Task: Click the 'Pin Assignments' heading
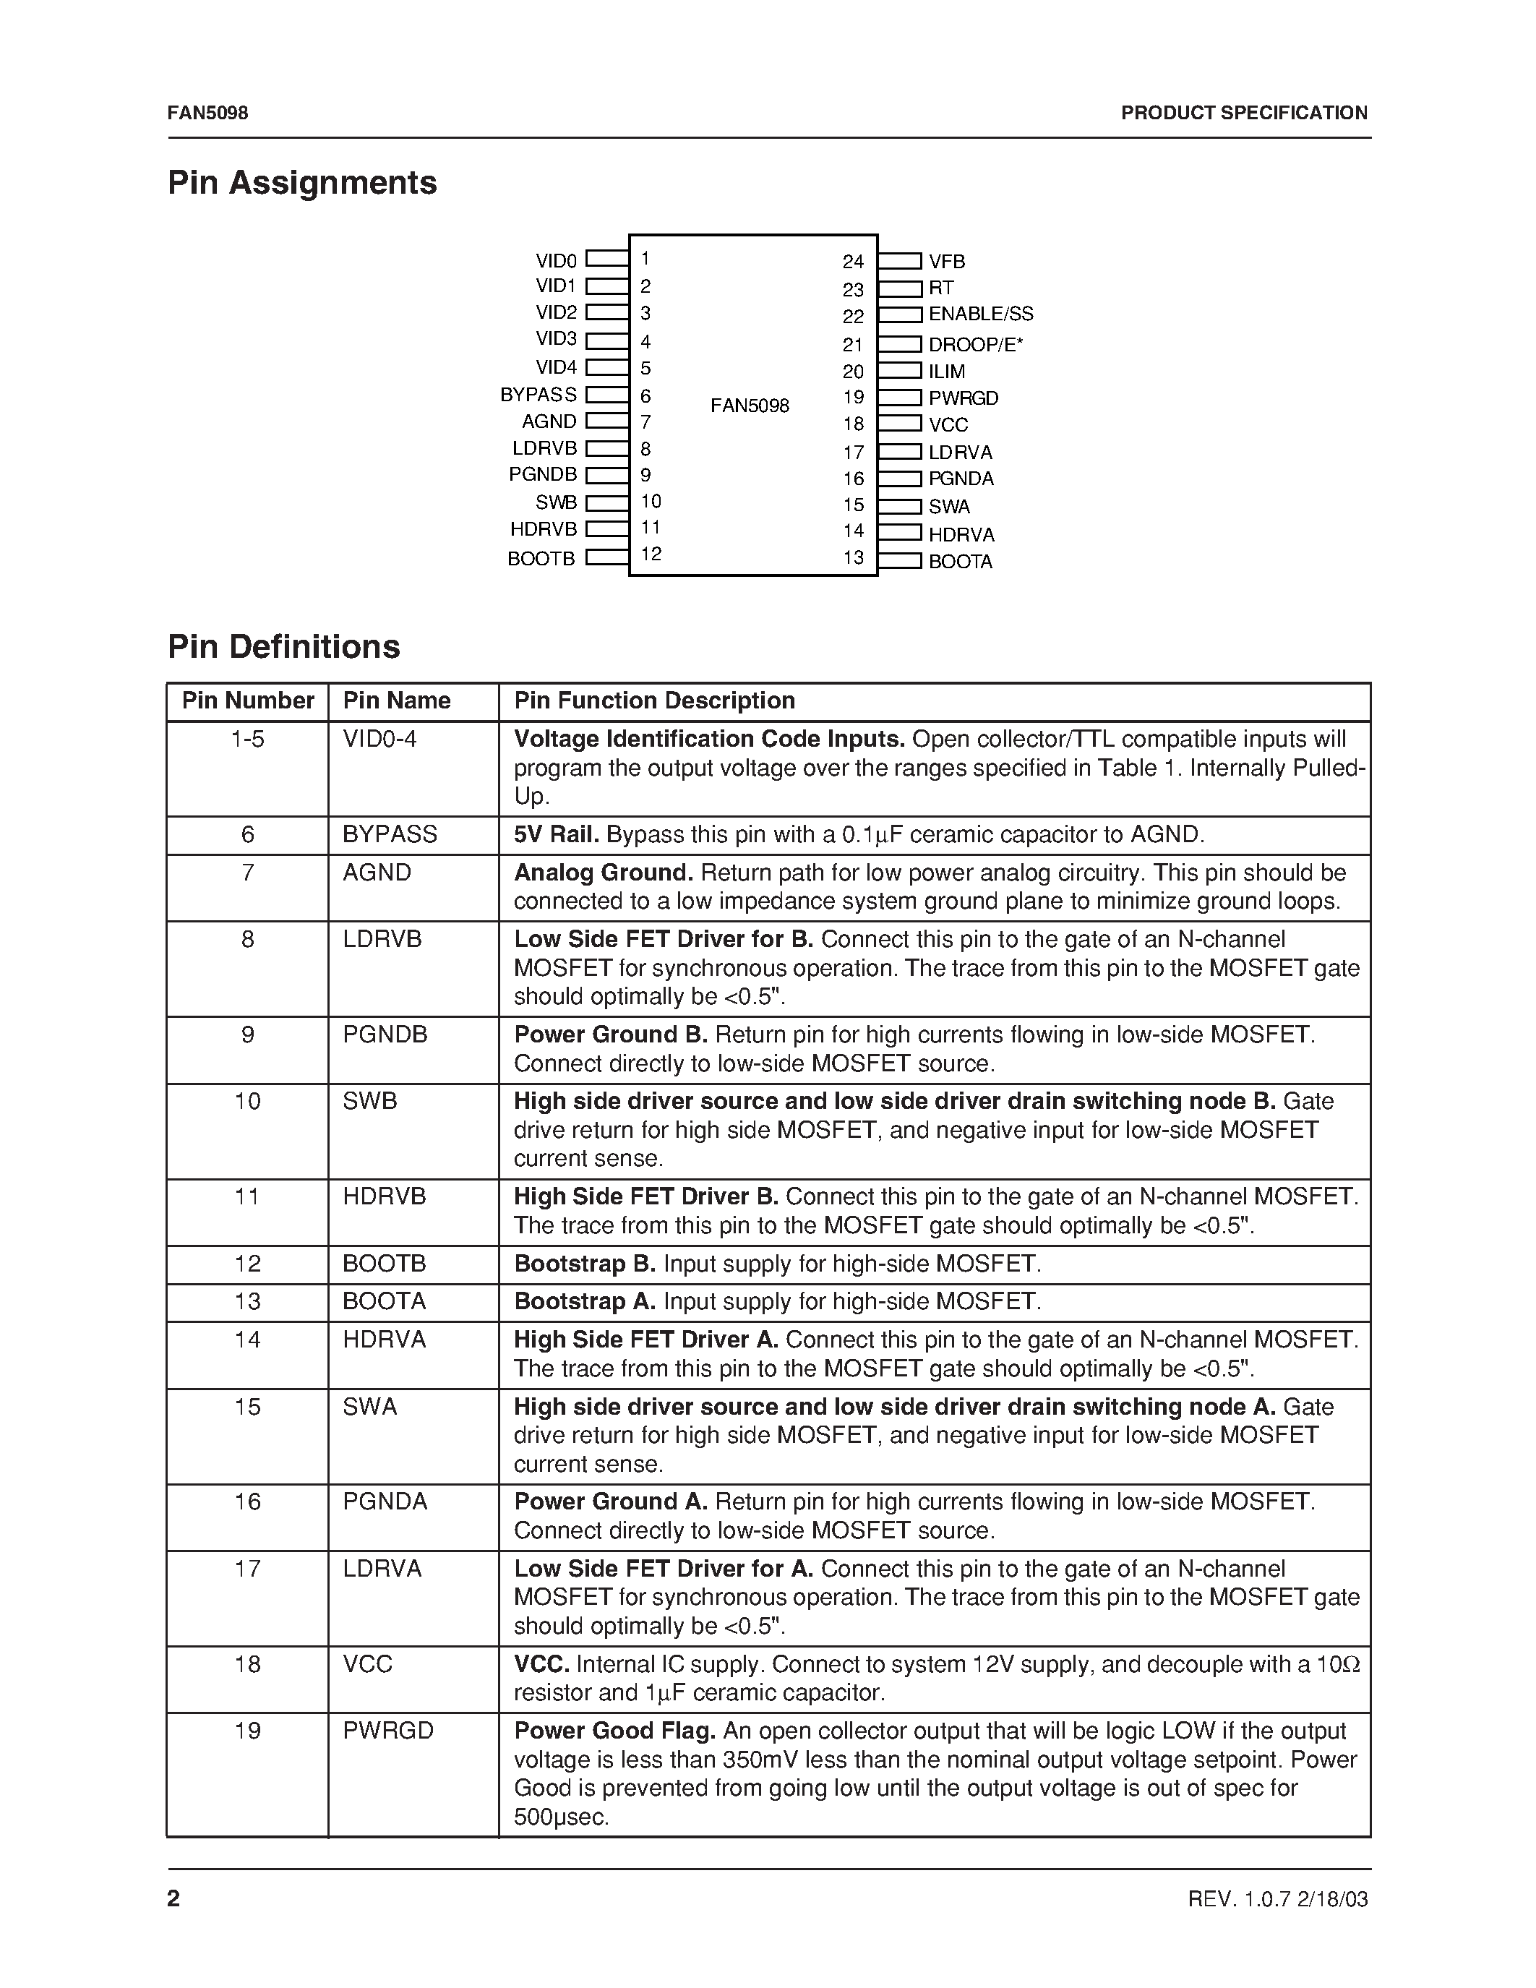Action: point(302,183)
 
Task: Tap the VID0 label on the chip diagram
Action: point(556,261)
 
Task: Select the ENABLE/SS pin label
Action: point(980,314)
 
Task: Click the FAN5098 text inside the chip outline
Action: point(750,406)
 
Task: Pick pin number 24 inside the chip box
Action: point(853,262)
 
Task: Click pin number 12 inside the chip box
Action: point(651,554)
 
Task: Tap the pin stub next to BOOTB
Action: point(607,558)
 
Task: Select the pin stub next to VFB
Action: point(900,261)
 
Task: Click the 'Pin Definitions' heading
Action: point(284,647)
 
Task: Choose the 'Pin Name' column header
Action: point(397,701)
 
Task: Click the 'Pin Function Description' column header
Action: point(654,701)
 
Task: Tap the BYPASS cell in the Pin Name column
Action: point(390,835)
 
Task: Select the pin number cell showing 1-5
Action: point(247,739)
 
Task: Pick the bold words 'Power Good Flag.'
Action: point(615,1731)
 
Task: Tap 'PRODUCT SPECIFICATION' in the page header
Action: point(1243,113)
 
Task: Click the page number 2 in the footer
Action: point(173,1899)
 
